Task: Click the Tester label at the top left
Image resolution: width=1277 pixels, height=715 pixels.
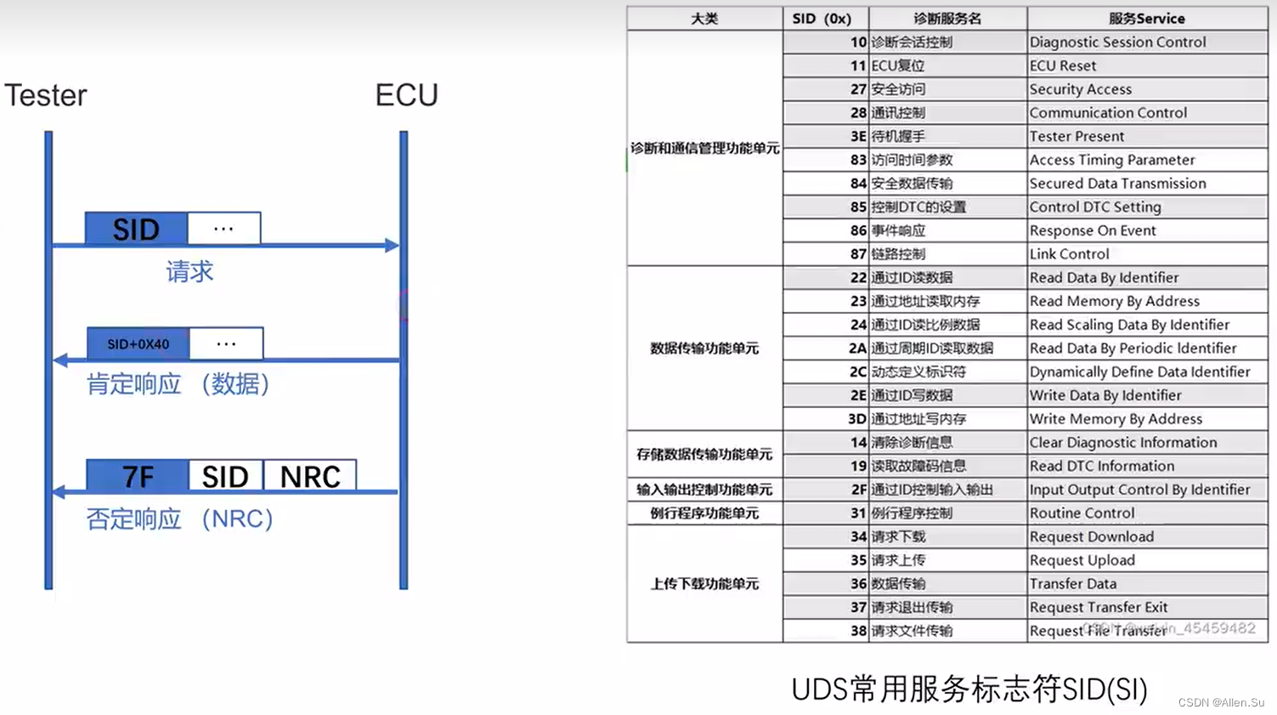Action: [x=46, y=95]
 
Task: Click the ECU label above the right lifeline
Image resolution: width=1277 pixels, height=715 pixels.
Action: [x=406, y=95]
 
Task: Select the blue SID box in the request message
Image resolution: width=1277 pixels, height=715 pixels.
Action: [x=136, y=229]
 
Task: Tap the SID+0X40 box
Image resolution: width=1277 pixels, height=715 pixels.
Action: [x=138, y=344]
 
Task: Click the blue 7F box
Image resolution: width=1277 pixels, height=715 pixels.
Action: [x=138, y=476]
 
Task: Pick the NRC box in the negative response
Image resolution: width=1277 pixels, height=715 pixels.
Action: [x=310, y=476]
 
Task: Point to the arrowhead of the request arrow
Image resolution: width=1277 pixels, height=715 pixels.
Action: [x=392, y=246]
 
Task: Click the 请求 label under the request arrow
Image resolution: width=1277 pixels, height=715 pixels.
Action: [x=189, y=272]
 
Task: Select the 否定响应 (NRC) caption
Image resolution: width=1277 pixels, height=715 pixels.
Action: [x=179, y=519]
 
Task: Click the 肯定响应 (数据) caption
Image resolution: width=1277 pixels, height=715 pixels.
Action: [x=178, y=384]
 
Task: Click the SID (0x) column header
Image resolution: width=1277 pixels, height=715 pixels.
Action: [x=822, y=19]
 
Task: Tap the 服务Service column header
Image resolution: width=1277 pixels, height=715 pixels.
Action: [x=1146, y=19]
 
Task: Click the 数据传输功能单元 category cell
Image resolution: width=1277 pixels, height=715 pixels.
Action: [x=704, y=349]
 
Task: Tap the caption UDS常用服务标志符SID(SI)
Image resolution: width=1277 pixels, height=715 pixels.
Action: [x=969, y=689]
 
